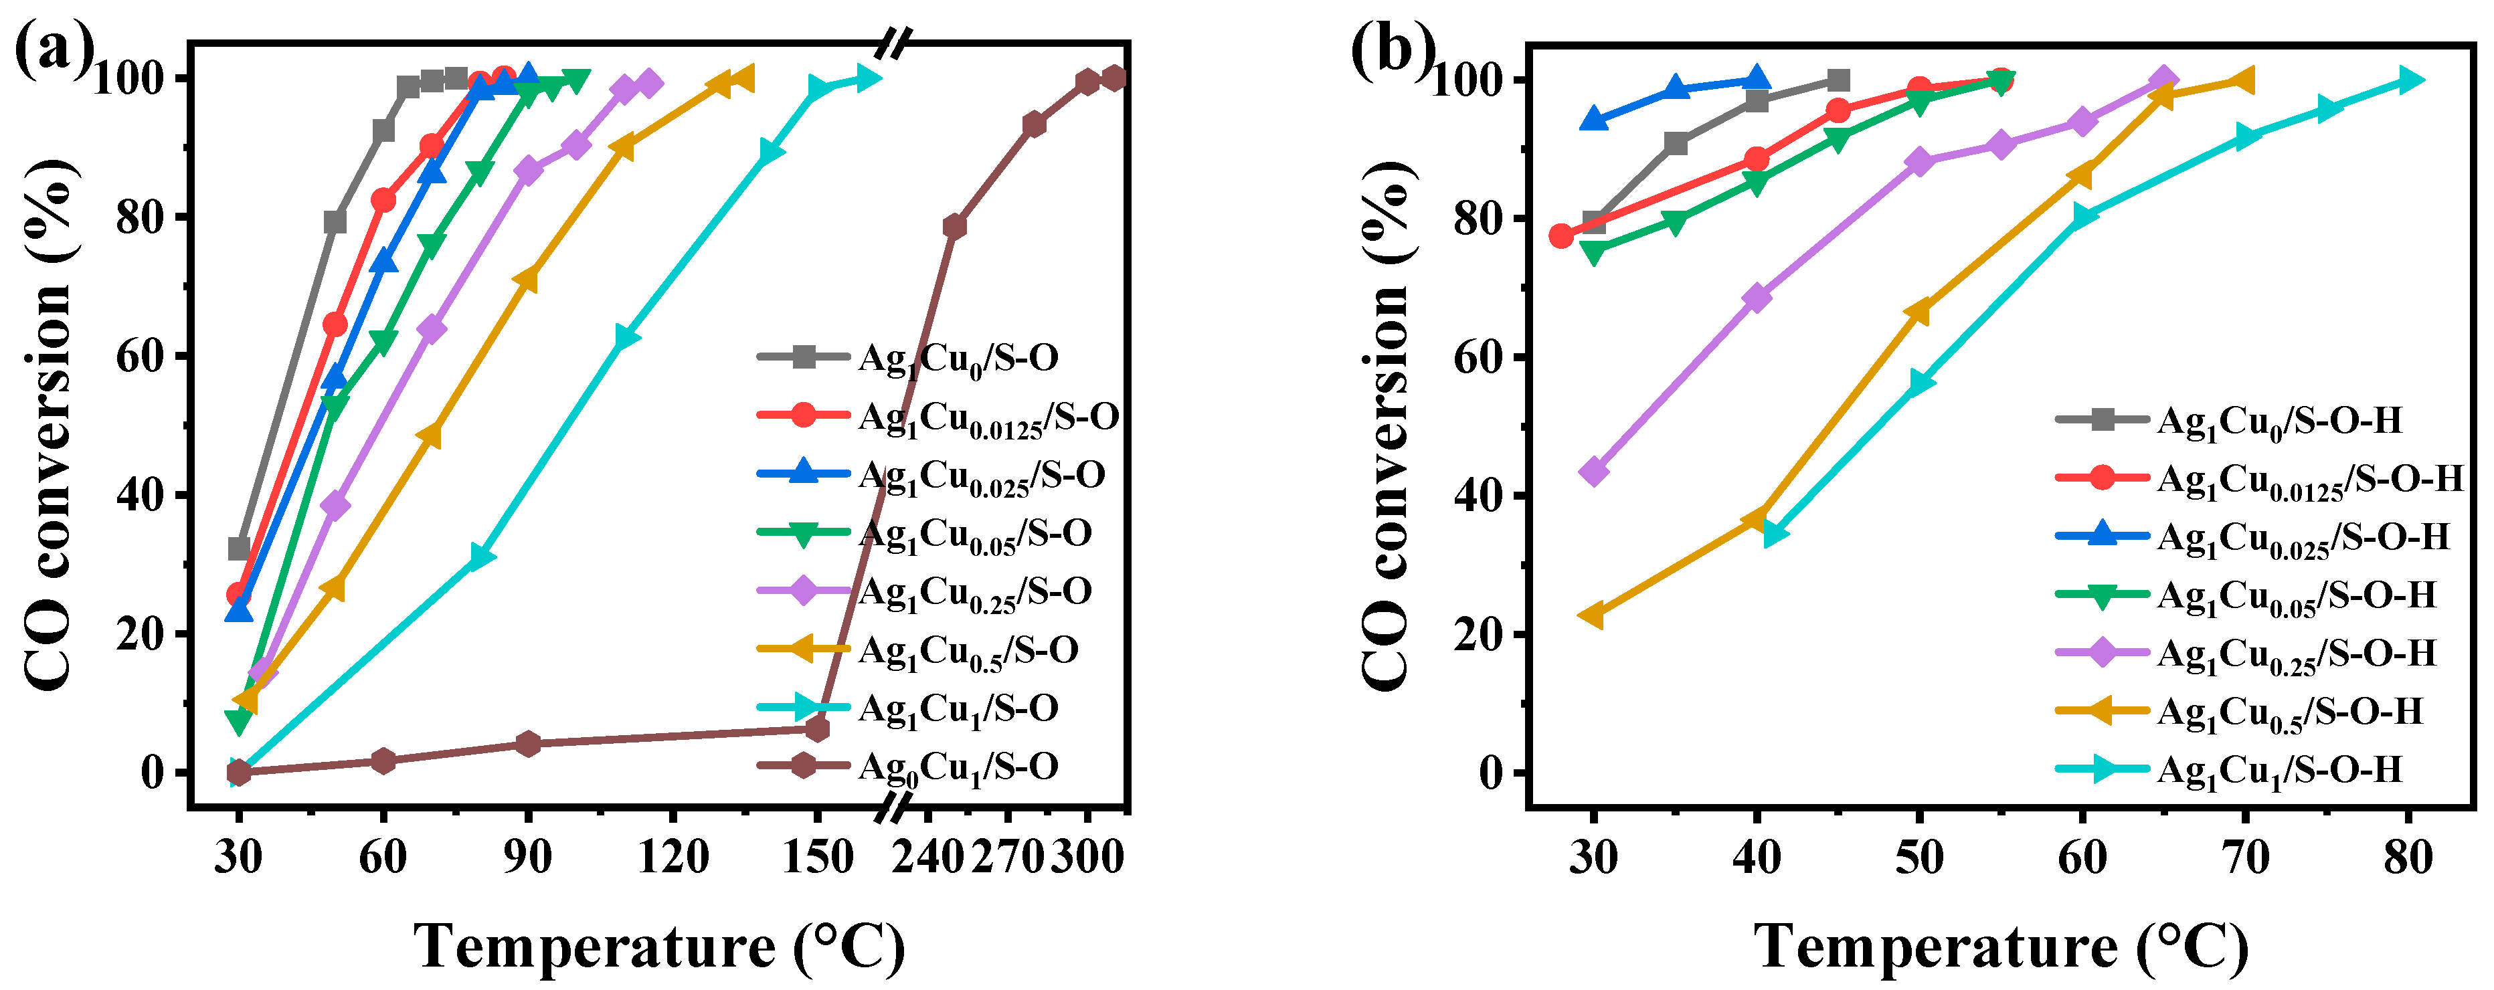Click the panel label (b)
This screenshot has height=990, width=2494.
pyautogui.click(x=1391, y=50)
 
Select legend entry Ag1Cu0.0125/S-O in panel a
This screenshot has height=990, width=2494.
pyautogui.click(x=988, y=418)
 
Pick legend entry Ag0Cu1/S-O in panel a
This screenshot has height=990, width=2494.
pyautogui.click(x=958, y=767)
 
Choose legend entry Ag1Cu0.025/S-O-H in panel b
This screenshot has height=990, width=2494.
pyautogui.click(x=2303, y=538)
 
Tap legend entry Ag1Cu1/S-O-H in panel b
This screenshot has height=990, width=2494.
pyautogui.click(x=2279, y=771)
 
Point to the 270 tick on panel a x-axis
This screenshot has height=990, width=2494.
pyautogui.click(x=1007, y=856)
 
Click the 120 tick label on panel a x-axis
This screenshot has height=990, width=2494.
pyautogui.click(x=673, y=856)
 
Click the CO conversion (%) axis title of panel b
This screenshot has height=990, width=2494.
pyautogui.click(x=1387, y=426)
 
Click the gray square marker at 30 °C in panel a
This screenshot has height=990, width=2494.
pyautogui.click(x=239, y=549)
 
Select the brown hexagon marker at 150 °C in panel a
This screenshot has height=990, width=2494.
pyautogui.click(x=817, y=728)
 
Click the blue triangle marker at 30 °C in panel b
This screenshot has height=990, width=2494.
pyautogui.click(x=1593, y=120)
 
